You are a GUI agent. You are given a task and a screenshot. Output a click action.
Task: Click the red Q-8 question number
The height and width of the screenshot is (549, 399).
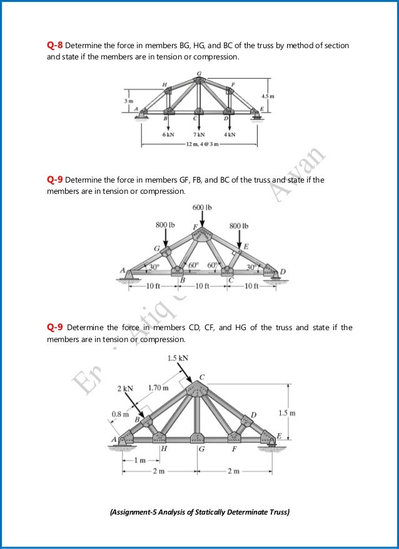pyautogui.click(x=55, y=46)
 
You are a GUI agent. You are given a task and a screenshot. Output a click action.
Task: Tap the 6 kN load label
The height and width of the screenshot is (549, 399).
pyautogui.click(x=168, y=134)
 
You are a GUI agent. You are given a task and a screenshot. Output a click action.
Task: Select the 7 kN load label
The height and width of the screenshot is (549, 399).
pyautogui.click(x=199, y=134)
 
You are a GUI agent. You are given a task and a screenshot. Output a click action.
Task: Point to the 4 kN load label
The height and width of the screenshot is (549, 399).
pyautogui.click(x=229, y=134)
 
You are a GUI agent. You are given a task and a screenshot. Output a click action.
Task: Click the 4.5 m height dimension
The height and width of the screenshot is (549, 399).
pyautogui.click(x=268, y=96)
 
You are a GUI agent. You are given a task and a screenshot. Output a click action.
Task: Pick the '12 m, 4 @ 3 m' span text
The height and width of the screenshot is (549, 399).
pyautogui.click(x=199, y=144)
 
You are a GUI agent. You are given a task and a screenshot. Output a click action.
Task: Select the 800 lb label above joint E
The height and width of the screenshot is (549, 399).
pyautogui.click(x=239, y=224)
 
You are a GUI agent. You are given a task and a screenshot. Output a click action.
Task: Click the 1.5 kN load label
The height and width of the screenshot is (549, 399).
pyautogui.click(x=178, y=358)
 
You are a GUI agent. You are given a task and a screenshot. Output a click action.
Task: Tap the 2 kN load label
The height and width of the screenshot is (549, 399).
pyautogui.click(x=125, y=388)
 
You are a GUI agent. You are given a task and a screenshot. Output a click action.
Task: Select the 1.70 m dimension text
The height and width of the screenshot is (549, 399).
pyautogui.click(x=159, y=388)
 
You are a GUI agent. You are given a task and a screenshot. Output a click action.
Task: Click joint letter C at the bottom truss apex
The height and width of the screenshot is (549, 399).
pyautogui.click(x=201, y=376)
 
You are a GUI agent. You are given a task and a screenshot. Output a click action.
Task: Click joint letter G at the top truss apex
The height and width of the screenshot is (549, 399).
pyautogui.click(x=199, y=73)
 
